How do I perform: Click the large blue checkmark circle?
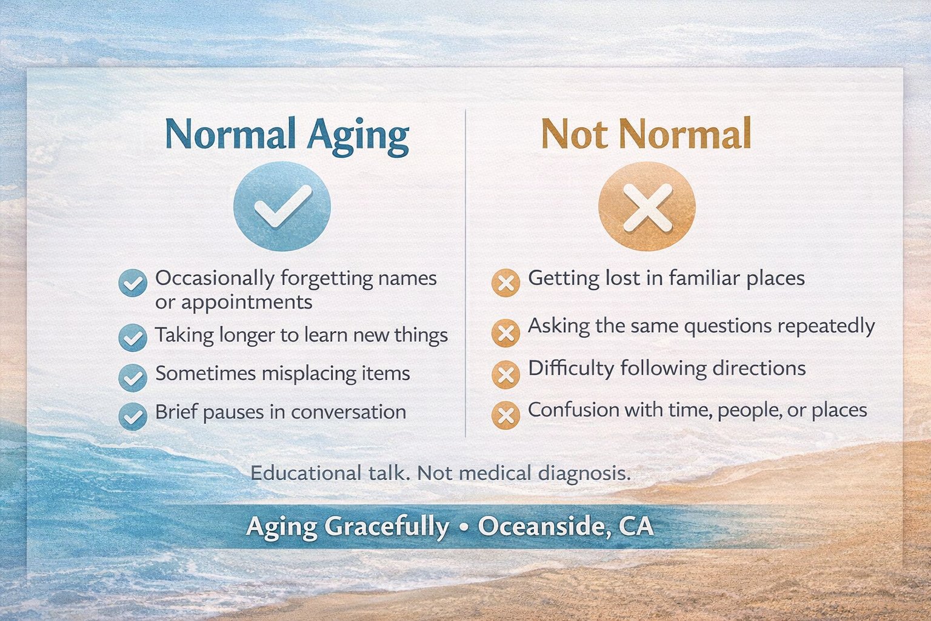(x=282, y=206)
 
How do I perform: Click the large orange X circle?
(x=647, y=206)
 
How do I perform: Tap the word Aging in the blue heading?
(x=358, y=135)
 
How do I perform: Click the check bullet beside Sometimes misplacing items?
(x=133, y=378)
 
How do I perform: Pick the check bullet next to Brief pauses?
(x=133, y=416)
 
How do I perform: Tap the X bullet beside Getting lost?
(x=506, y=283)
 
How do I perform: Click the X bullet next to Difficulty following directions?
(x=506, y=374)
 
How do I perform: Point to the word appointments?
(x=247, y=303)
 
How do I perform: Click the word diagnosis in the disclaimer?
(x=584, y=474)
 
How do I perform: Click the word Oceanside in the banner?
(x=544, y=526)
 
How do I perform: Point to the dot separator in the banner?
(x=464, y=527)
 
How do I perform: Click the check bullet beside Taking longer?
(x=133, y=338)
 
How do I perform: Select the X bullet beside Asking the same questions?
(x=506, y=333)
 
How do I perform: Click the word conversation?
(x=349, y=412)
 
